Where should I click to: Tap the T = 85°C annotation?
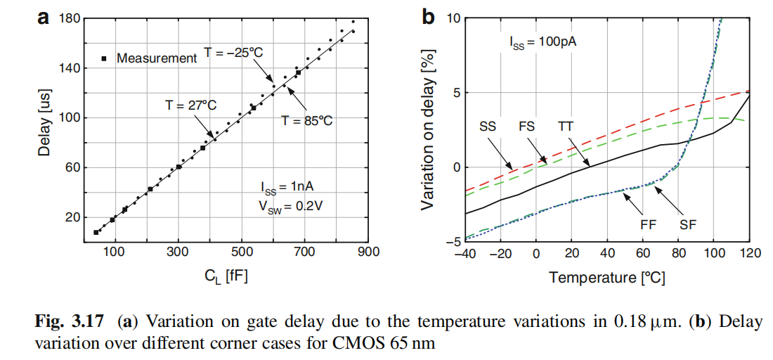click(x=306, y=120)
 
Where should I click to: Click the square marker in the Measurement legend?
click(x=104, y=58)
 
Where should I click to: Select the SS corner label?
click(x=488, y=127)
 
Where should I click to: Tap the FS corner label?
click(x=527, y=127)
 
